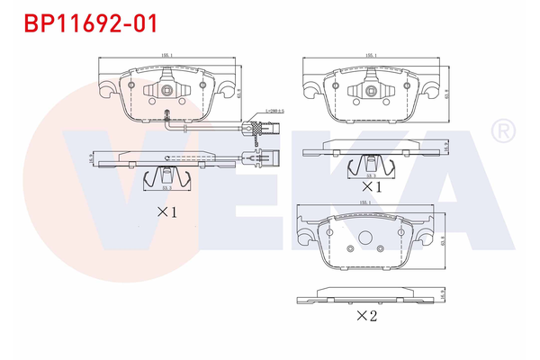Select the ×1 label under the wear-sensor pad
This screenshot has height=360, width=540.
167,212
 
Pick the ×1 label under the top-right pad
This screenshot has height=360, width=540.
372,186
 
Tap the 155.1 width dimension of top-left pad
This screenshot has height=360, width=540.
166,57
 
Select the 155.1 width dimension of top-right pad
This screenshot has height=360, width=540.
371,57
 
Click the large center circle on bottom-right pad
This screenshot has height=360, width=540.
366,238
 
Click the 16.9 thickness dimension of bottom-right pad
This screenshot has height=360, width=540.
444,293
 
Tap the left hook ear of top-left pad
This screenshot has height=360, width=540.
106,90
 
